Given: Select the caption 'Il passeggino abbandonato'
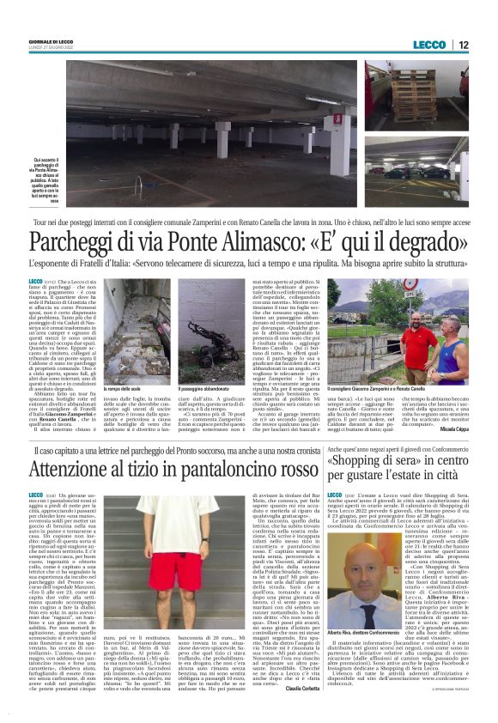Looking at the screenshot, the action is click(x=204, y=388).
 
